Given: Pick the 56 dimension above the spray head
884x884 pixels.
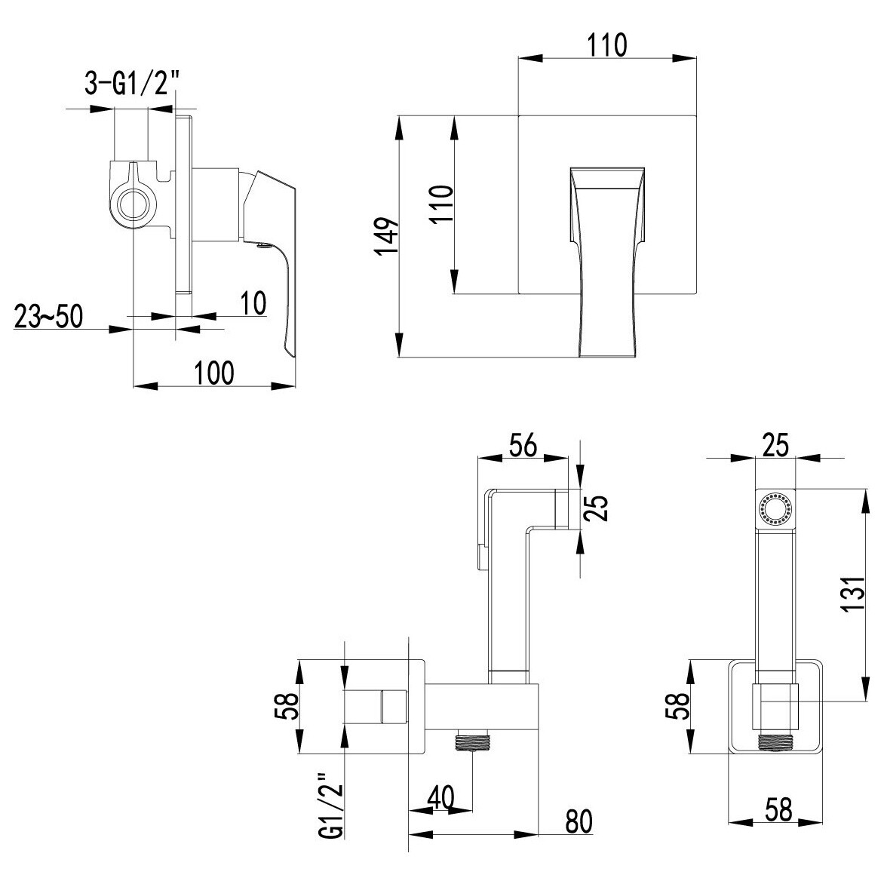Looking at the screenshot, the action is click(523, 445).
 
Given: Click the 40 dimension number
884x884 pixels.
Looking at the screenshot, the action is click(441, 798).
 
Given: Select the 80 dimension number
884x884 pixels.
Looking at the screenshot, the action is click(579, 822).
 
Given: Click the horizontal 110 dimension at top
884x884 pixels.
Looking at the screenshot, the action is click(607, 45).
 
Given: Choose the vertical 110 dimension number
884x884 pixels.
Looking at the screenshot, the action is click(442, 204).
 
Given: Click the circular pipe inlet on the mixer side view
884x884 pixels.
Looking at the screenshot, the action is click(134, 202).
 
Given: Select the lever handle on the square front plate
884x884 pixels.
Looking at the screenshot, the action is click(607, 262).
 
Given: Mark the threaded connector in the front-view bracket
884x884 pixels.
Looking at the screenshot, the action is click(775, 742).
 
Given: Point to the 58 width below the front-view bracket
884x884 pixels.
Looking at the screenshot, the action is click(778, 809).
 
